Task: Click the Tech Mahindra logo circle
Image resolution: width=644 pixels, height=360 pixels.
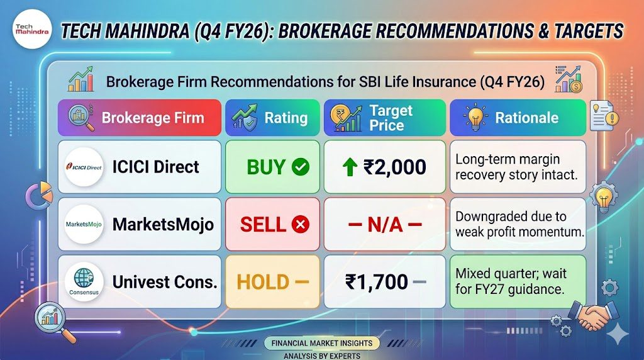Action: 32,29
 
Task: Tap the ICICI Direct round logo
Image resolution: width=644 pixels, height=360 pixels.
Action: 84,167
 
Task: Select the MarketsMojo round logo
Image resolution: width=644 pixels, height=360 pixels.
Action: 84,225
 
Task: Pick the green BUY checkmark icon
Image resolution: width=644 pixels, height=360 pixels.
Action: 300,167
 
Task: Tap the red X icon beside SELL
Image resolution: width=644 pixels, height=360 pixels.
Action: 300,225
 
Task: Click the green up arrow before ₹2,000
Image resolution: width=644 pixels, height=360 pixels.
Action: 350,167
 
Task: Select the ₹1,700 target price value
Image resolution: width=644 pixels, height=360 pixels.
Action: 377,282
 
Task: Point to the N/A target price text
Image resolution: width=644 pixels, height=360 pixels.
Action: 385,225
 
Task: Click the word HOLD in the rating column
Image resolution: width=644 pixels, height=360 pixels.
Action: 263,283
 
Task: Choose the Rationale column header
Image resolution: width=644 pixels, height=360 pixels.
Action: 518,118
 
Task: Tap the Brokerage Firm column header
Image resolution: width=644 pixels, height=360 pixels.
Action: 140,118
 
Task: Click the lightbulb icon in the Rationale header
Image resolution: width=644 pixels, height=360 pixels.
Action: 475,117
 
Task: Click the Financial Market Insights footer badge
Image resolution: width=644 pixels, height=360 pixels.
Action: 322,343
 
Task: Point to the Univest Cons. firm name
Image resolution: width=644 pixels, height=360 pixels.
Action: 165,282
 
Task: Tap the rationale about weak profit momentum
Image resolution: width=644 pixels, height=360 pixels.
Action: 519,224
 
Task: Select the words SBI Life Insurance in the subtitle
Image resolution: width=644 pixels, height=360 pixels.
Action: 416,81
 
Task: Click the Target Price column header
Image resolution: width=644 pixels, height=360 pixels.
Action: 385,118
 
